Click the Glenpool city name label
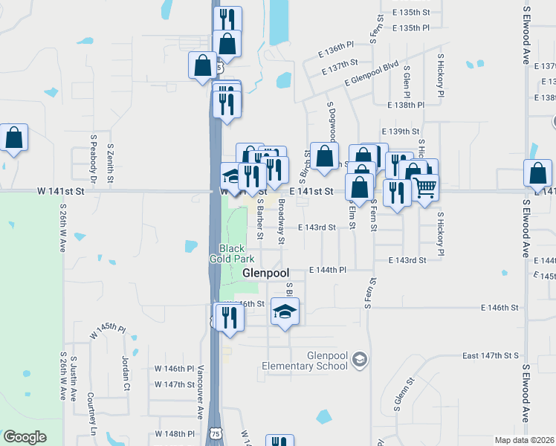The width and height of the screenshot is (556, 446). pos(265,274)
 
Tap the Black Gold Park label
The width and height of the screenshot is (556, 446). pos(237,253)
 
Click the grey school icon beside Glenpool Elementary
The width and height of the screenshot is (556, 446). pos(360,361)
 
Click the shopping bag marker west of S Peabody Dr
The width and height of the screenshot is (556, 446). pos(14,138)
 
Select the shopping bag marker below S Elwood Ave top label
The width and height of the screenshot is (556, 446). pos(537,174)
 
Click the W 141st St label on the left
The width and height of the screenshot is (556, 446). pos(61,191)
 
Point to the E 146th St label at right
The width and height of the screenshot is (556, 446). pos(499,307)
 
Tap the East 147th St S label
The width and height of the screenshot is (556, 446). pos(490,356)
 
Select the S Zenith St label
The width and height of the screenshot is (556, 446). pos(110,164)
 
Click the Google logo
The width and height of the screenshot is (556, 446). pos(25,437)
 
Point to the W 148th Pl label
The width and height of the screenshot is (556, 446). pos(174,433)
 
